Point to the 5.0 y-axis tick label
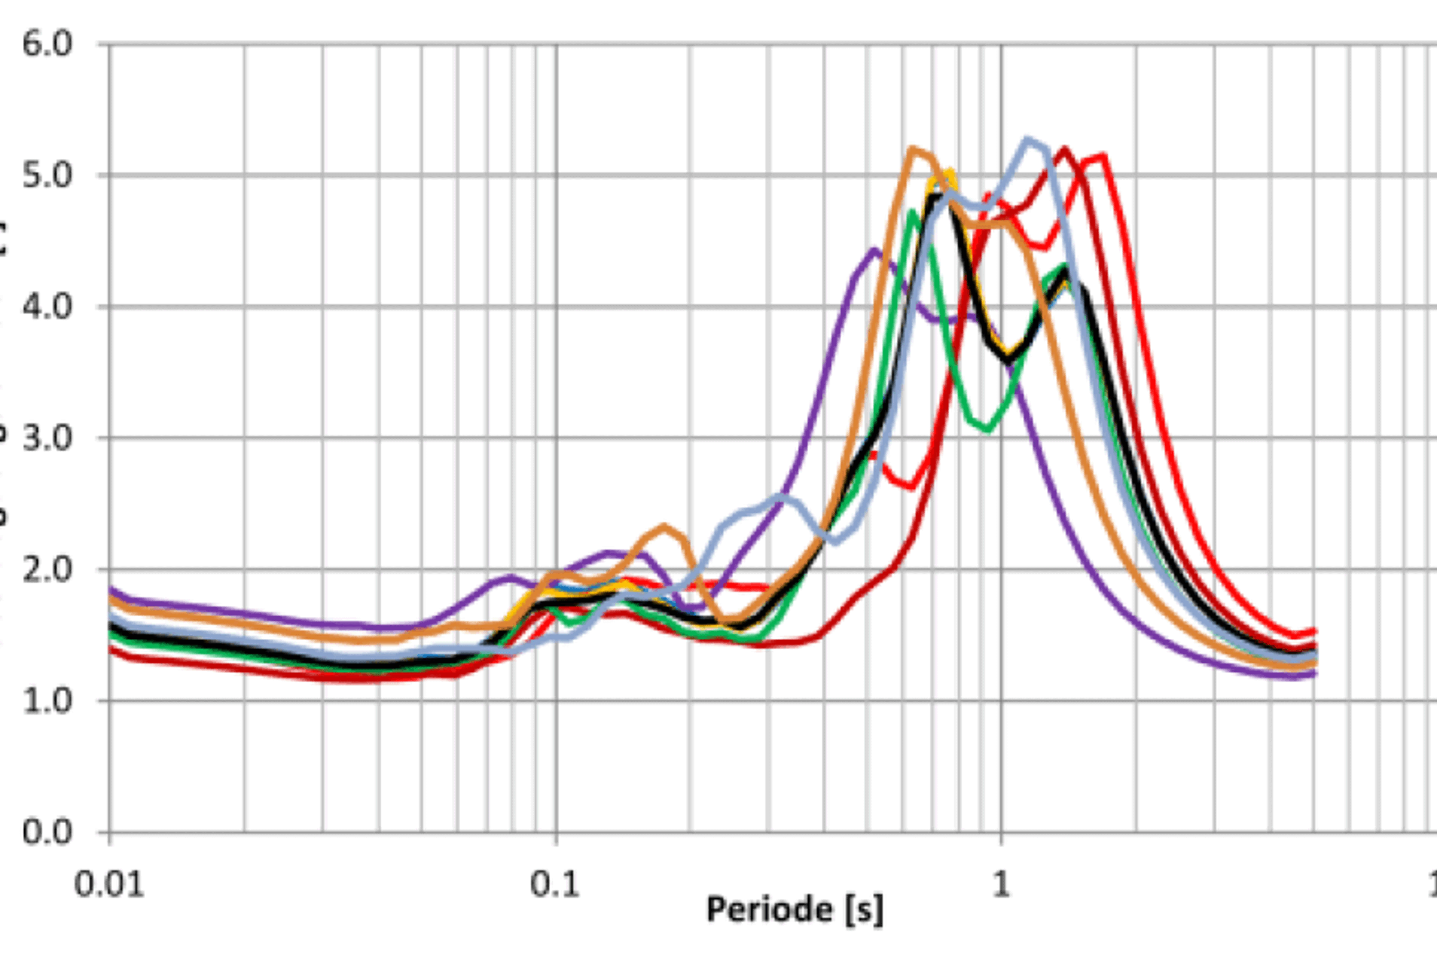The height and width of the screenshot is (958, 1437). coord(47,176)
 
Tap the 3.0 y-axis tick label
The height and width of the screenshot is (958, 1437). coord(47,438)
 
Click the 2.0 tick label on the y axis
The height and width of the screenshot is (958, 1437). coord(47,570)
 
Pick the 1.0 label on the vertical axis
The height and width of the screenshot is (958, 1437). coord(47,701)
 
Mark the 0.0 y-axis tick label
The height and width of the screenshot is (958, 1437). coord(47,832)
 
